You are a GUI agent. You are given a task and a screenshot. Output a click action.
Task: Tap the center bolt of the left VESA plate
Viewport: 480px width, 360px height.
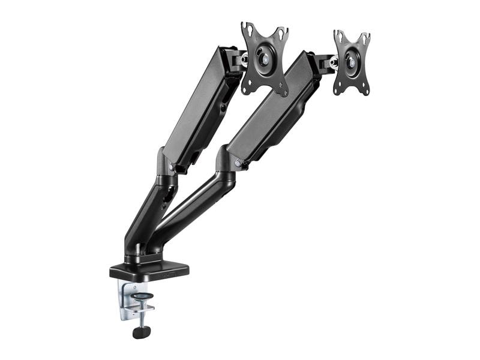coord(265,59)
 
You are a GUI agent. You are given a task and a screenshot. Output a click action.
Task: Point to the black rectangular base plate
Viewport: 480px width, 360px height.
coord(149,271)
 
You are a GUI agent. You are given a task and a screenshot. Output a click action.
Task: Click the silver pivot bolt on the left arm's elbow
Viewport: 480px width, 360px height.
coord(172,167)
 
